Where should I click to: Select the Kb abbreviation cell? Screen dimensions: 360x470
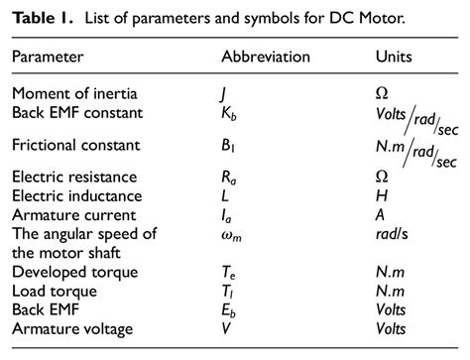coord(229,113)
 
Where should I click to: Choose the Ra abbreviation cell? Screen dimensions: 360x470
coord(229,180)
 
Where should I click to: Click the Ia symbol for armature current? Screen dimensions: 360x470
coord(227,214)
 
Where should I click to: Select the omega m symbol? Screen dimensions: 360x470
coord(232,233)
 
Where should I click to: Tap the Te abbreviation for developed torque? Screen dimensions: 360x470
coord(228,272)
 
